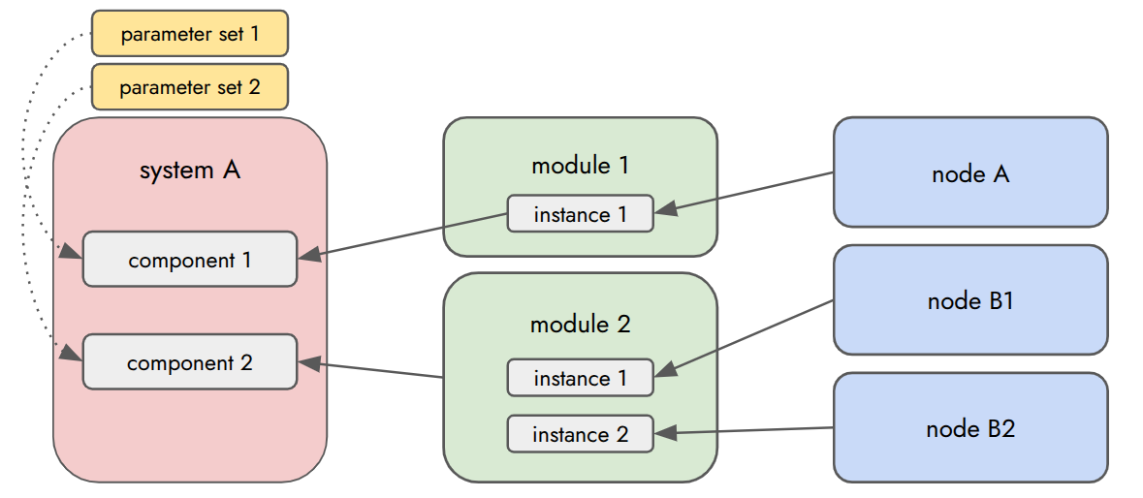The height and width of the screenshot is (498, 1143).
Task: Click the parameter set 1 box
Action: (190, 34)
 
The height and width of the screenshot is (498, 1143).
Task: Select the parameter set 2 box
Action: (190, 87)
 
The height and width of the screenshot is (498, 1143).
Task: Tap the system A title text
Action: (190, 171)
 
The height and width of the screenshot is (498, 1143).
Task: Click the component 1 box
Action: (190, 260)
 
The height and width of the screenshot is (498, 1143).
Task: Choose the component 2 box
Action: (190, 362)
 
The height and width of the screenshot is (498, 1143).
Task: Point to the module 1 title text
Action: (580, 165)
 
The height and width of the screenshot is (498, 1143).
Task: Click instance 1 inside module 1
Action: (580, 214)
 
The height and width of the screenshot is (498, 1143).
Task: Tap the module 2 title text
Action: (580, 324)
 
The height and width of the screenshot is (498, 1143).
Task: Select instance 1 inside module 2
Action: (580, 378)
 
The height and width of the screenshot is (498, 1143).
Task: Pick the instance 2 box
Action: (580, 434)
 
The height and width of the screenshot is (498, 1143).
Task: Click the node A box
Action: (970, 173)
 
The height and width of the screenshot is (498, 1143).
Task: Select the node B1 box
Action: (970, 300)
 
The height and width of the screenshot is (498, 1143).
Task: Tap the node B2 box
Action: (970, 427)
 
